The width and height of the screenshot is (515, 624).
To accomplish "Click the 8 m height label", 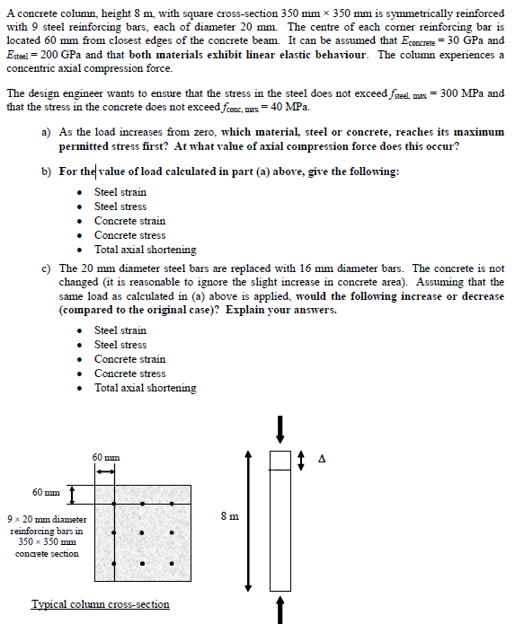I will pyautogui.click(x=229, y=515).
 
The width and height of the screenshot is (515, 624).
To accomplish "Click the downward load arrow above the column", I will pyautogui.click(x=280, y=428).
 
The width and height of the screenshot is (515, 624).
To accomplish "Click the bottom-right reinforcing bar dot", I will pyautogui.click(x=172, y=565).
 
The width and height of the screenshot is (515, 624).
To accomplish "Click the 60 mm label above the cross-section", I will pyautogui.click(x=106, y=458).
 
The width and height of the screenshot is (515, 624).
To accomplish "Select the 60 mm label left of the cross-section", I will pyautogui.click(x=46, y=492).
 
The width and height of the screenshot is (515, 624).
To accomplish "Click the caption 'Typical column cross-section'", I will pyautogui.click(x=101, y=604).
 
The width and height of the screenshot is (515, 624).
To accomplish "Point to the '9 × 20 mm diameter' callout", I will pyautogui.click(x=47, y=520).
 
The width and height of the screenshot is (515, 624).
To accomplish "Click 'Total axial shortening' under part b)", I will pyautogui.click(x=145, y=250).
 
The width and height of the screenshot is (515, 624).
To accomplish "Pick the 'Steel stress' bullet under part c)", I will pyautogui.click(x=120, y=345).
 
